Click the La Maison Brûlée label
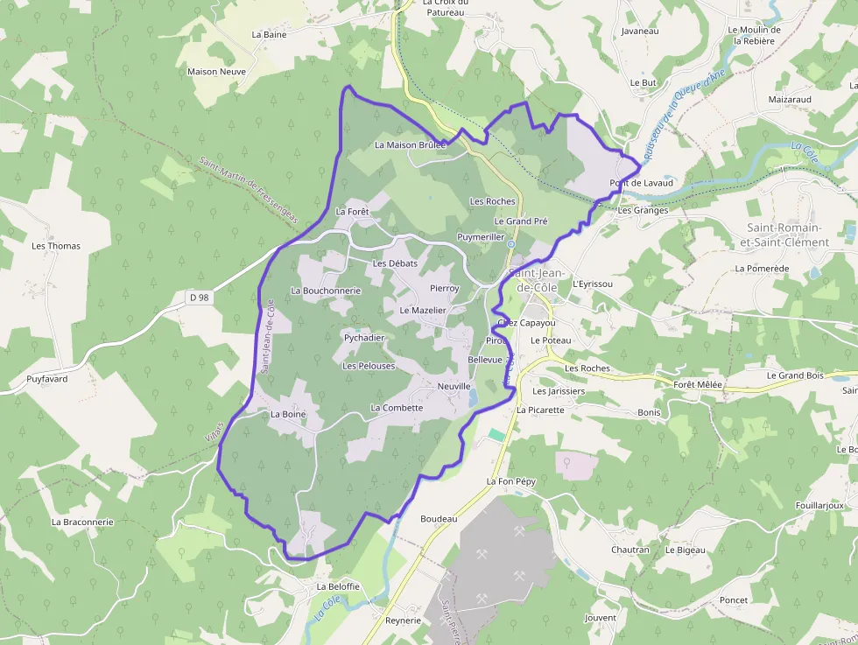click(410, 144)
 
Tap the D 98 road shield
click(199, 298)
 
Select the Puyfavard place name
click(47, 379)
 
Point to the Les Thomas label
click(56, 246)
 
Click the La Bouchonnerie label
click(326, 291)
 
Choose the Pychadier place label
click(364, 338)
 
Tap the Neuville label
click(454, 386)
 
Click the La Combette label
click(397, 408)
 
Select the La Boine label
click(287, 414)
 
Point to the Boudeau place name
click(439, 519)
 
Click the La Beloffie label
click(338, 586)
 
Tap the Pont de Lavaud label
click(642, 183)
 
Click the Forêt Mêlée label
click(698, 384)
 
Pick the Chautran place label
click(630, 550)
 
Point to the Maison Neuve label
click(216, 72)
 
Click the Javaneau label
click(639, 31)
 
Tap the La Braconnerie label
click(82, 522)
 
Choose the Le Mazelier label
click(423, 311)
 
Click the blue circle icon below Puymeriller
click(510, 244)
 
